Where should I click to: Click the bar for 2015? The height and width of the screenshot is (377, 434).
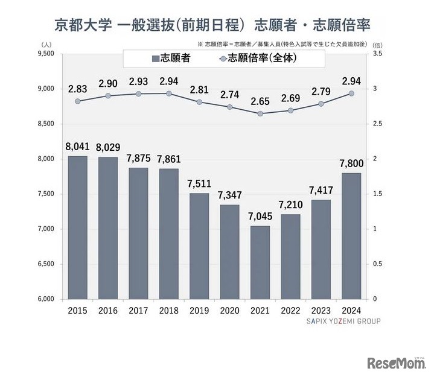[78, 227]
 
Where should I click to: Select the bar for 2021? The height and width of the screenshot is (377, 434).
[260, 262]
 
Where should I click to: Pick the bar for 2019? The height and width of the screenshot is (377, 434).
[199, 246]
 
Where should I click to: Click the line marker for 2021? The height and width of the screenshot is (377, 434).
[260, 113]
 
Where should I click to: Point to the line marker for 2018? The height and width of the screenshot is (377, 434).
[169, 93]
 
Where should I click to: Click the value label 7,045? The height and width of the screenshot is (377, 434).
[260, 215]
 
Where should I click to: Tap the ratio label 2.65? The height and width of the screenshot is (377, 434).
[260, 100]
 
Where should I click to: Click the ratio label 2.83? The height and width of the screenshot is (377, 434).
[78, 88]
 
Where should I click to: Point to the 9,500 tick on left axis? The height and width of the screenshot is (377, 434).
[46, 54]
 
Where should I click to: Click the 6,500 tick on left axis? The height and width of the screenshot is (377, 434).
[46, 264]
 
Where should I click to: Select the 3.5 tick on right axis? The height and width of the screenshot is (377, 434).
[378, 54]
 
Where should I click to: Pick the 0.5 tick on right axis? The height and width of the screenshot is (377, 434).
[378, 264]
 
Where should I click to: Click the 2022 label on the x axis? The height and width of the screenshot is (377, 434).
[290, 311]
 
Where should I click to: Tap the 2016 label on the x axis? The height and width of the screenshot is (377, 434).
[108, 311]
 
